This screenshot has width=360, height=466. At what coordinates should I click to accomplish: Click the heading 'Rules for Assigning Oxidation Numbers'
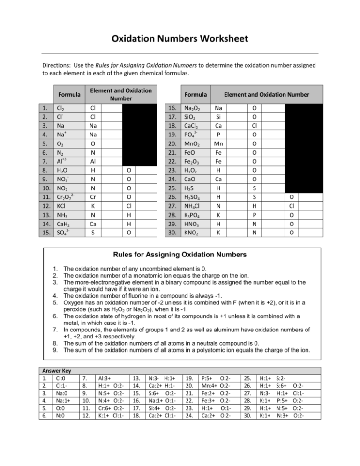pos(180,255)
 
